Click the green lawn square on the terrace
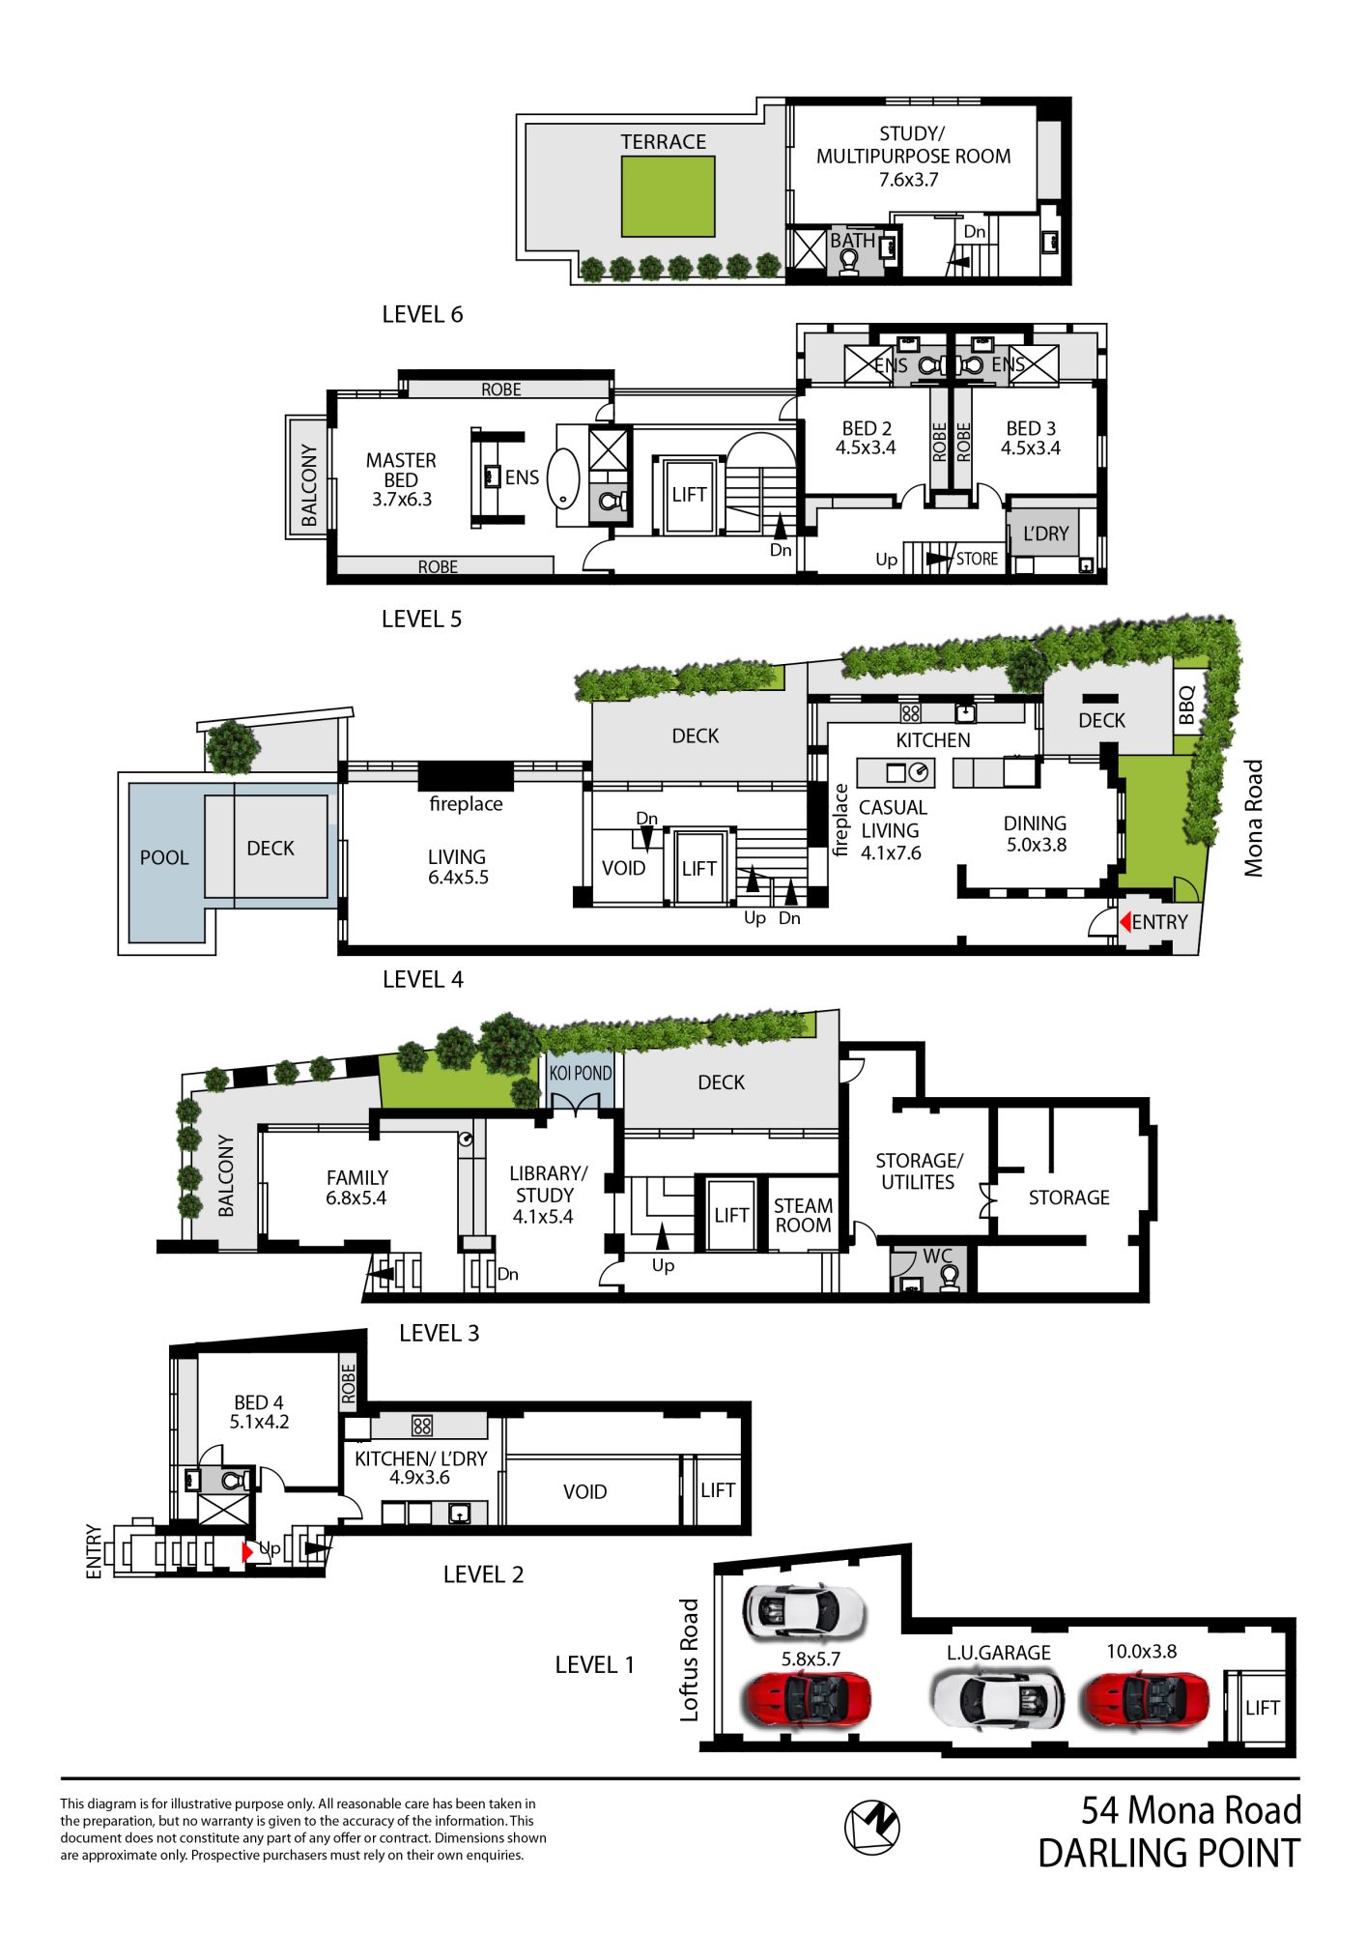(668, 196)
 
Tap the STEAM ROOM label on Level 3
(803, 1215)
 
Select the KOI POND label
(581, 1073)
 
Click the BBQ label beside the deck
(1187, 705)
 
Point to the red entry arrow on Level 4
(1124, 922)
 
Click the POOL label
(164, 857)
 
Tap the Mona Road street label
(1253, 818)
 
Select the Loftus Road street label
(689, 1659)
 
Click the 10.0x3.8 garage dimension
(1141, 1651)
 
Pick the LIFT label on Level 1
(1262, 1707)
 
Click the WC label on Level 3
(937, 1255)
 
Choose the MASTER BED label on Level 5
(401, 470)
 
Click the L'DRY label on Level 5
(1045, 534)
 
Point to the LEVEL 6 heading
(422, 314)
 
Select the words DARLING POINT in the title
(1169, 1853)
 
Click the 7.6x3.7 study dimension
(908, 179)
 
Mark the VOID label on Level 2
(584, 1491)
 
